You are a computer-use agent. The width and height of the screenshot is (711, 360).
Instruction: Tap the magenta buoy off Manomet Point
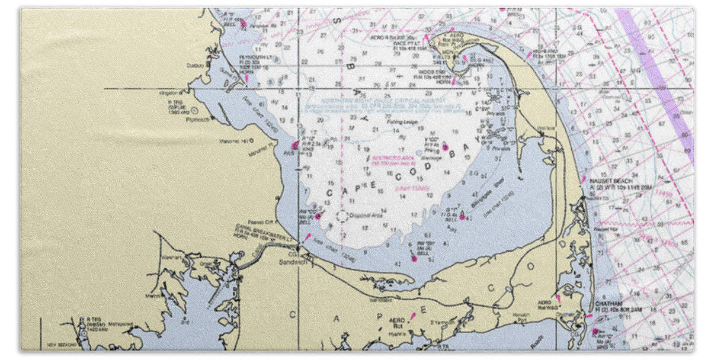click(x=295, y=144)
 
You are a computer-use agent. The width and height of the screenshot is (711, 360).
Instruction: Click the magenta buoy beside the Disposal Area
click(x=318, y=216)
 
